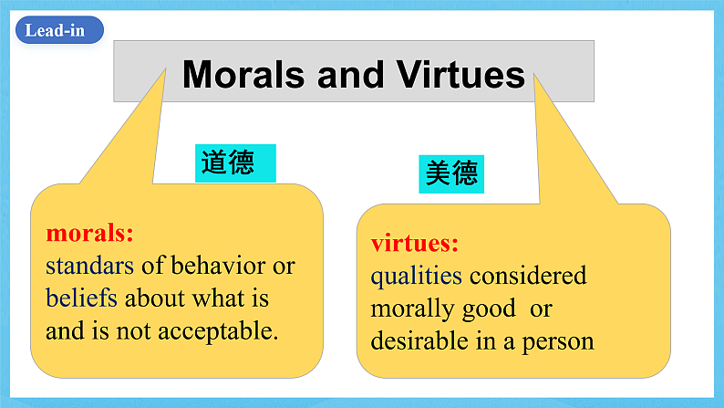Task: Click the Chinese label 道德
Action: click(227, 163)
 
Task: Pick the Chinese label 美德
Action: click(451, 172)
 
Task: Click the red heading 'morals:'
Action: click(89, 233)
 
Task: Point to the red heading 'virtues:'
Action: click(414, 244)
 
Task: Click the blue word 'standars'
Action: click(89, 266)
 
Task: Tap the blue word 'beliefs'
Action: click(82, 298)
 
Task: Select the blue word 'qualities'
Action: click(416, 276)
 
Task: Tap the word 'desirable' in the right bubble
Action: click(414, 341)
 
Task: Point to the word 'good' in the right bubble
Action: click(489, 309)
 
